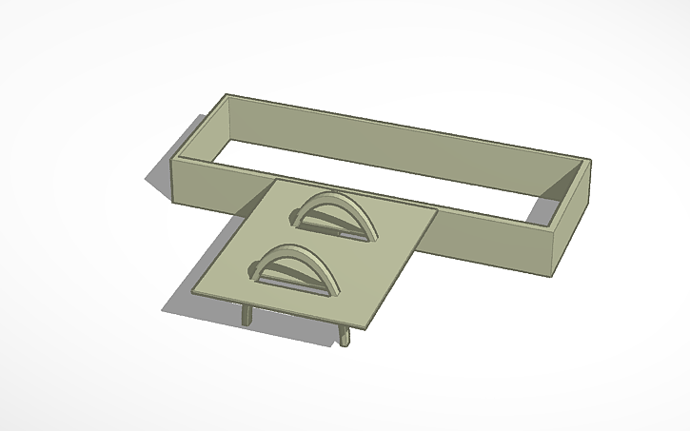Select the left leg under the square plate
point(246,316)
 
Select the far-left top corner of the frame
point(227,95)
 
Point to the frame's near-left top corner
point(173,164)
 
